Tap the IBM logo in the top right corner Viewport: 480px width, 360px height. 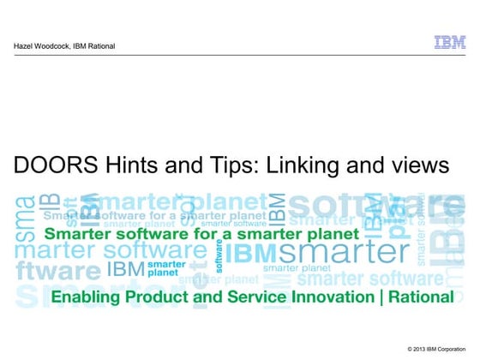450,42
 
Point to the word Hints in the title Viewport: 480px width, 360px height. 122,165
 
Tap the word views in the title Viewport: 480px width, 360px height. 419,165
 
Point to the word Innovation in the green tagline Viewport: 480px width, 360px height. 325,297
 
